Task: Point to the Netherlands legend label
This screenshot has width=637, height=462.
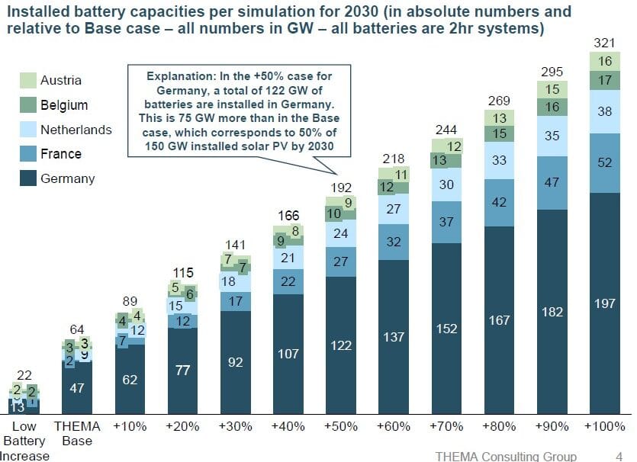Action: click(x=76, y=130)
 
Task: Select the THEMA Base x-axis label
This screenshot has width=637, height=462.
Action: click(x=78, y=433)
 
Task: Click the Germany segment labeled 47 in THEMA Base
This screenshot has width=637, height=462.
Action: click(x=78, y=387)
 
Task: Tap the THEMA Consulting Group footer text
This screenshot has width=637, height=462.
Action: click(x=506, y=456)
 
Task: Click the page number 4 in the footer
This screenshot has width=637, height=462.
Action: click(x=618, y=456)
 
